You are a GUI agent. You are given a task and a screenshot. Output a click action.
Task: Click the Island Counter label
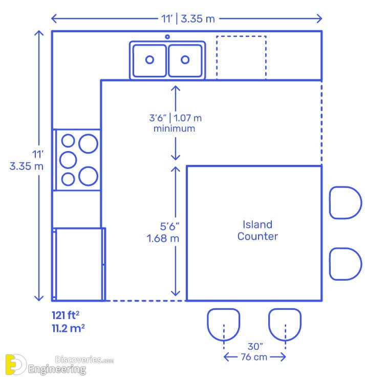pyautogui.click(x=257, y=230)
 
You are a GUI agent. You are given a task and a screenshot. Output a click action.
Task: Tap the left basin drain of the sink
pyautogui.click(x=149, y=59)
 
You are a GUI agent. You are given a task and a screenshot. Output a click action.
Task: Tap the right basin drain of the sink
pyautogui.click(x=185, y=59)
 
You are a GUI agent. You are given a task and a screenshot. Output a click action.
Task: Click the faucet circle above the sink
pyautogui.click(x=167, y=37)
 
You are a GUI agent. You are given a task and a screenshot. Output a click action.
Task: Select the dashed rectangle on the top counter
pyautogui.click(x=241, y=57)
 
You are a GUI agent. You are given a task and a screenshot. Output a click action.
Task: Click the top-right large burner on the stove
pyautogui.click(x=88, y=143)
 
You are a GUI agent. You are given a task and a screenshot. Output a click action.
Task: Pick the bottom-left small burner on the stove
pyautogui.click(x=68, y=179)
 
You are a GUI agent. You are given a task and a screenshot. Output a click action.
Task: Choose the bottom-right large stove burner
pyautogui.click(x=88, y=176)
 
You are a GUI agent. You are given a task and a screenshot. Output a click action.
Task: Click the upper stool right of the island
pyautogui.click(x=345, y=203)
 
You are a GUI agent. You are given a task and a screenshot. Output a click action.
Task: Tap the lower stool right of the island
pyautogui.click(x=345, y=264)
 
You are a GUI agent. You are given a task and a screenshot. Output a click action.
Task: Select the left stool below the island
pyautogui.click(x=223, y=324)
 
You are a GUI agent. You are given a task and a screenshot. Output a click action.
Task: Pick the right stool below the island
pyautogui.click(x=285, y=324)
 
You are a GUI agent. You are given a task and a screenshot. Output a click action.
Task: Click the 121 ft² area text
pyautogui.click(x=65, y=315)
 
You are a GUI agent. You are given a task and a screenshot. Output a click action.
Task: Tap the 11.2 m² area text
pyautogui.click(x=68, y=328)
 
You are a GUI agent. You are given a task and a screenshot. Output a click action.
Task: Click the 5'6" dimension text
pyautogui.click(x=162, y=226)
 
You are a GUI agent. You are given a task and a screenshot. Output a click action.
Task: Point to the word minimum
pyautogui.click(x=174, y=129)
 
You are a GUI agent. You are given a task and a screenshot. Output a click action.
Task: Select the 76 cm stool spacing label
pyautogui.click(x=254, y=357)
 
